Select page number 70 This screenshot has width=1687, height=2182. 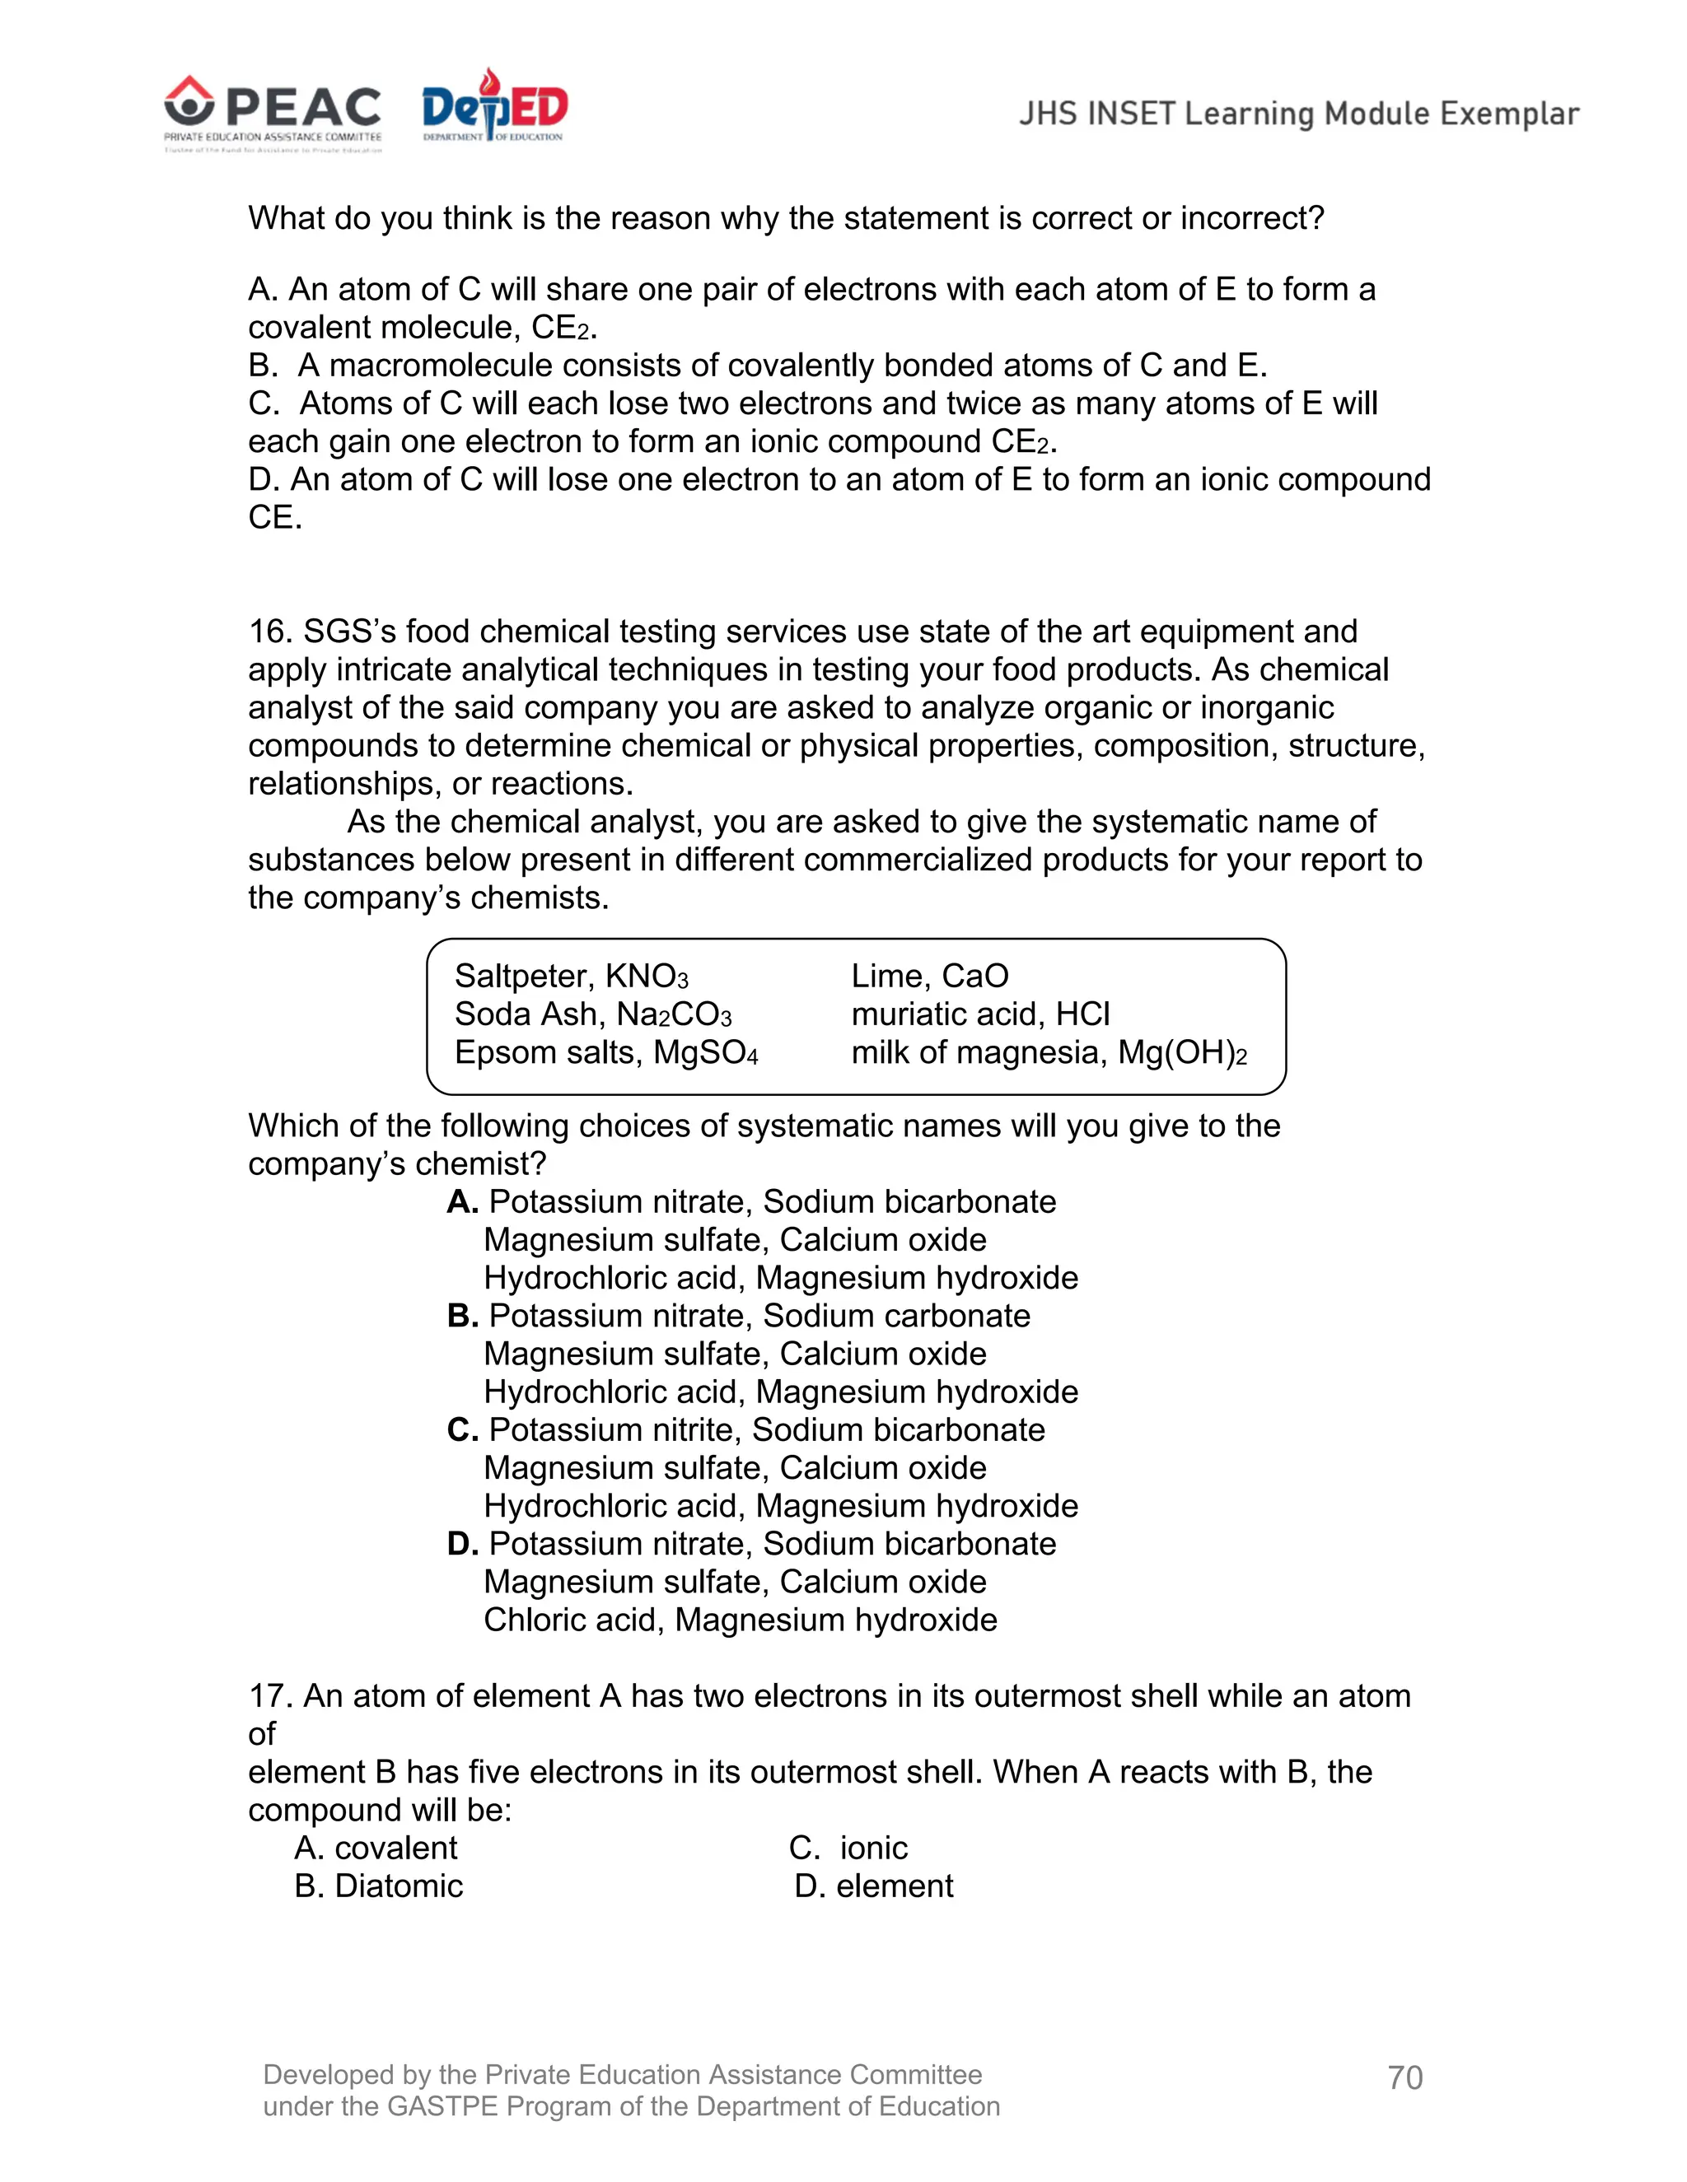pos(1404,2077)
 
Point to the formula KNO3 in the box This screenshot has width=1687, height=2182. pos(647,976)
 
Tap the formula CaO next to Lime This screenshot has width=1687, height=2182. pos(975,976)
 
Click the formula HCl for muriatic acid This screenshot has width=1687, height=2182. pos(1083,1014)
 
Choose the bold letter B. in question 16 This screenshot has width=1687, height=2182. pos(463,1316)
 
